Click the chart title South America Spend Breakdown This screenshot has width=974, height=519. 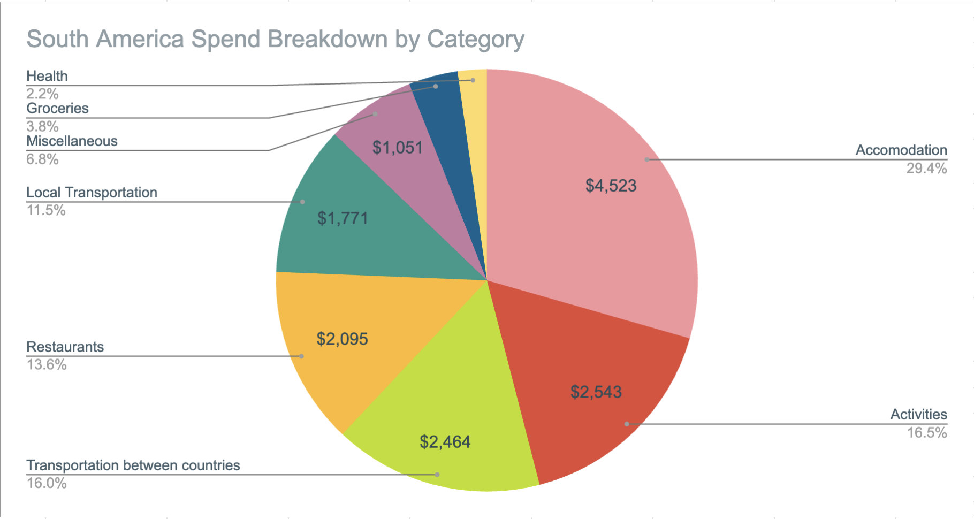pyautogui.click(x=275, y=39)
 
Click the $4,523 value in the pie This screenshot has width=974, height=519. pyautogui.click(x=611, y=186)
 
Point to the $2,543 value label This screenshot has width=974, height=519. pyautogui.click(x=596, y=392)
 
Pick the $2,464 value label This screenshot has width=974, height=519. pyautogui.click(x=445, y=441)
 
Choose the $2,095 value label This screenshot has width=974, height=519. pyautogui.click(x=342, y=339)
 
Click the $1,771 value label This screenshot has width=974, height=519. pyautogui.click(x=343, y=218)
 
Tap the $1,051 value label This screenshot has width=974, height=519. pyautogui.click(x=397, y=147)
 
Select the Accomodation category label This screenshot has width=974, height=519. pyautogui.click(x=901, y=150)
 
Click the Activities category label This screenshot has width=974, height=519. pyautogui.click(x=918, y=415)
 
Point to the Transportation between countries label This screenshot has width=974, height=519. pyautogui.click(x=133, y=465)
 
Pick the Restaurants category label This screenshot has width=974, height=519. pyautogui.click(x=65, y=347)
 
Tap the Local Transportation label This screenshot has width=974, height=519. pyautogui.click(x=92, y=193)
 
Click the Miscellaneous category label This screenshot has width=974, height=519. pyautogui.click(x=72, y=141)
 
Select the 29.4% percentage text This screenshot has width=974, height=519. pyautogui.click(x=926, y=169)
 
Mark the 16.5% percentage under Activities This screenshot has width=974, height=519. pyautogui.click(x=926, y=433)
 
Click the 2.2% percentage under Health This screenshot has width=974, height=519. pyautogui.click(x=42, y=94)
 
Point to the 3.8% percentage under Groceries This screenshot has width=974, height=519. pyautogui.click(x=42, y=126)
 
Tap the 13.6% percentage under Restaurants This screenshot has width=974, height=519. pyautogui.click(x=47, y=365)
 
